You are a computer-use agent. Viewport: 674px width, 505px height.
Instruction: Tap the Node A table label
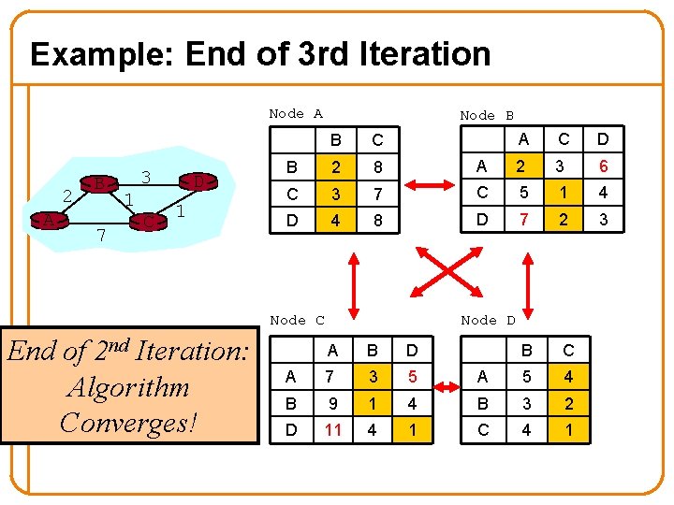[x=295, y=113]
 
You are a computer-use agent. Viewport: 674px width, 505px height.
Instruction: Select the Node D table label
[x=488, y=320]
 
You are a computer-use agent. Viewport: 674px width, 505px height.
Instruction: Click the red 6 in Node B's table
[x=604, y=167]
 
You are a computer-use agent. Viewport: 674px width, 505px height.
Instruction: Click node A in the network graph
[x=47, y=221]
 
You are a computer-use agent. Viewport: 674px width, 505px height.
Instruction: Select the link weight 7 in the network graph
[x=101, y=234]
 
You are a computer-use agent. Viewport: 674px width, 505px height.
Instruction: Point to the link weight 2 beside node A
[x=66, y=195]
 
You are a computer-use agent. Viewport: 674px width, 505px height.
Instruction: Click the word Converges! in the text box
[x=129, y=422]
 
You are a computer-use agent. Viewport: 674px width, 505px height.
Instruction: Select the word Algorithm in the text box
[x=128, y=387]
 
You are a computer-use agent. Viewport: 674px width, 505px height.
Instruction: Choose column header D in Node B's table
[x=604, y=140]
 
